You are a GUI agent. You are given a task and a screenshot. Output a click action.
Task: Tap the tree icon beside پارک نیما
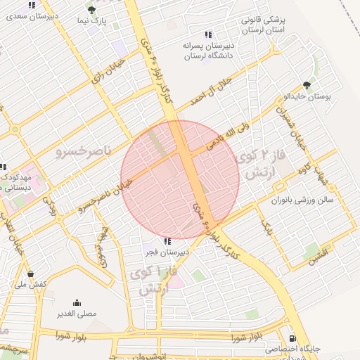(x=92, y=10)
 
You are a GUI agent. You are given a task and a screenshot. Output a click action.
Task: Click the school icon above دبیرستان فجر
(x=167, y=241)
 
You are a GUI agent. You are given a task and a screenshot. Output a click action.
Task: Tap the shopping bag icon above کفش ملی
(x=30, y=274)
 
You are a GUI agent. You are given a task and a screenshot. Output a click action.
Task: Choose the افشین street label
(x=317, y=258)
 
